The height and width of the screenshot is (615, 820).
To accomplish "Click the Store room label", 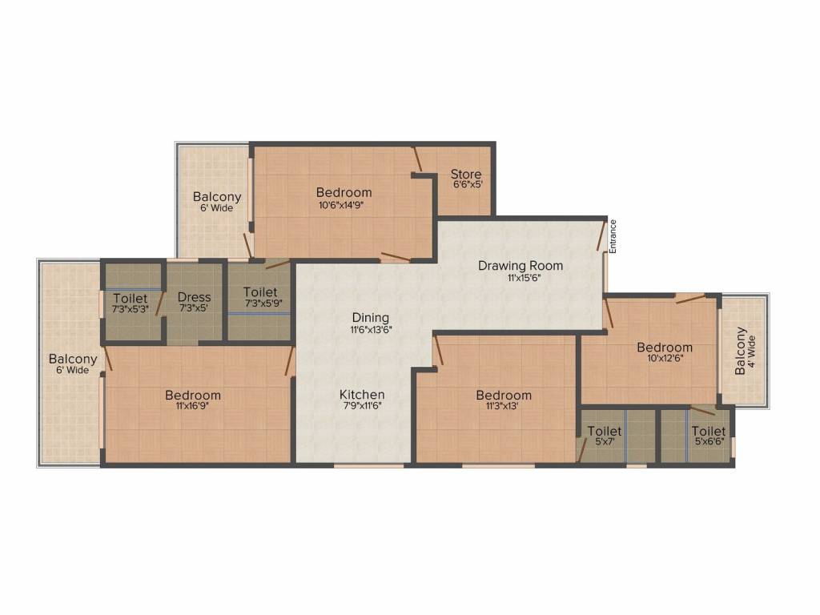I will point(465,174).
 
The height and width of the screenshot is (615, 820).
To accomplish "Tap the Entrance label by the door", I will point(613,236).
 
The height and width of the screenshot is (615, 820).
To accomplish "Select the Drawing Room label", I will point(521,265).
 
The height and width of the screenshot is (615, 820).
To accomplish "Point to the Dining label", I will point(370,317).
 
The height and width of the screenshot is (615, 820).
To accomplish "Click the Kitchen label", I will point(362,395).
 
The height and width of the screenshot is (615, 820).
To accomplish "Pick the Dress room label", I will point(194,297).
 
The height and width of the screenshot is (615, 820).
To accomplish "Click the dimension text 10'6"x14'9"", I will point(344,204).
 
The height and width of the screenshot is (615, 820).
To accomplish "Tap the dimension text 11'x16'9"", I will point(193,406).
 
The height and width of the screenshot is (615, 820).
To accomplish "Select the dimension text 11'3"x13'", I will point(504,406).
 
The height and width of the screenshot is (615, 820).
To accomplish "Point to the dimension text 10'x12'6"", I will point(665,358).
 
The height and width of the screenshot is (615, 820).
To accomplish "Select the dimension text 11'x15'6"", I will point(521,277).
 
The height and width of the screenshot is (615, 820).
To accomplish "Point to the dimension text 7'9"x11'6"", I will point(362,406).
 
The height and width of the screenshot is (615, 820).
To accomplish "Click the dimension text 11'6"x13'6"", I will point(370,329).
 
